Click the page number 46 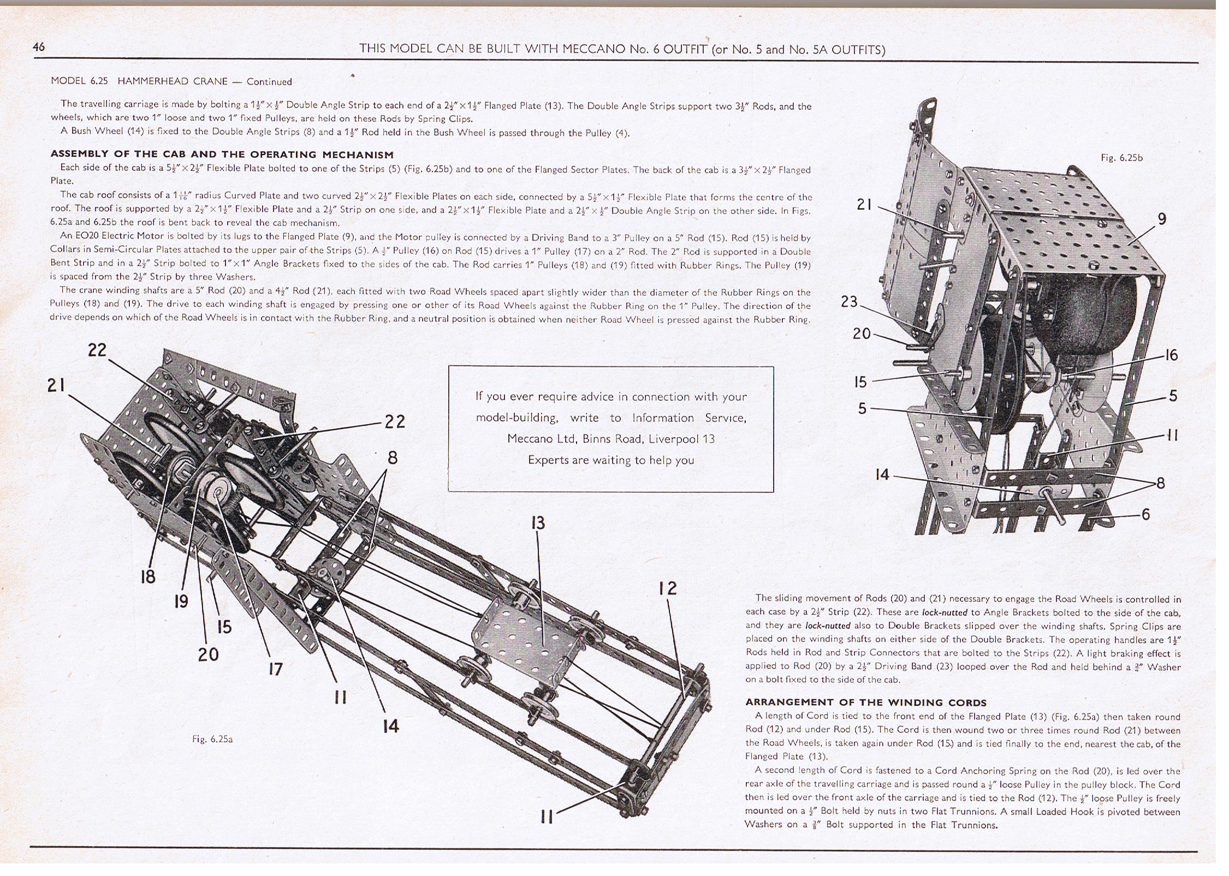click(x=39, y=46)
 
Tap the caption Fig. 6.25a click(x=212, y=739)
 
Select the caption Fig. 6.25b click(x=1121, y=158)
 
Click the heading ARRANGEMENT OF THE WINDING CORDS click(x=866, y=702)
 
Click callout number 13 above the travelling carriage click(x=538, y=523)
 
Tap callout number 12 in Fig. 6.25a click(x=667, y=588)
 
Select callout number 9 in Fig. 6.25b click(x=1162, y=219)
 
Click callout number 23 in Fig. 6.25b click(x=849, y=301)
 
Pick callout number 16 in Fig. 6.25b click(x=1171, y=355)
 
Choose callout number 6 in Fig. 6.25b click(x=1145, y=514)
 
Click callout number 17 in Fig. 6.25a click(x=275, y=669)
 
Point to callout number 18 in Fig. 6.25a click(x=148, y=576)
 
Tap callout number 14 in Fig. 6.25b click(x=882, y=475)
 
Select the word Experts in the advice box click(x=548, y=460)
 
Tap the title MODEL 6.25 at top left click(x=79, y=81)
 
